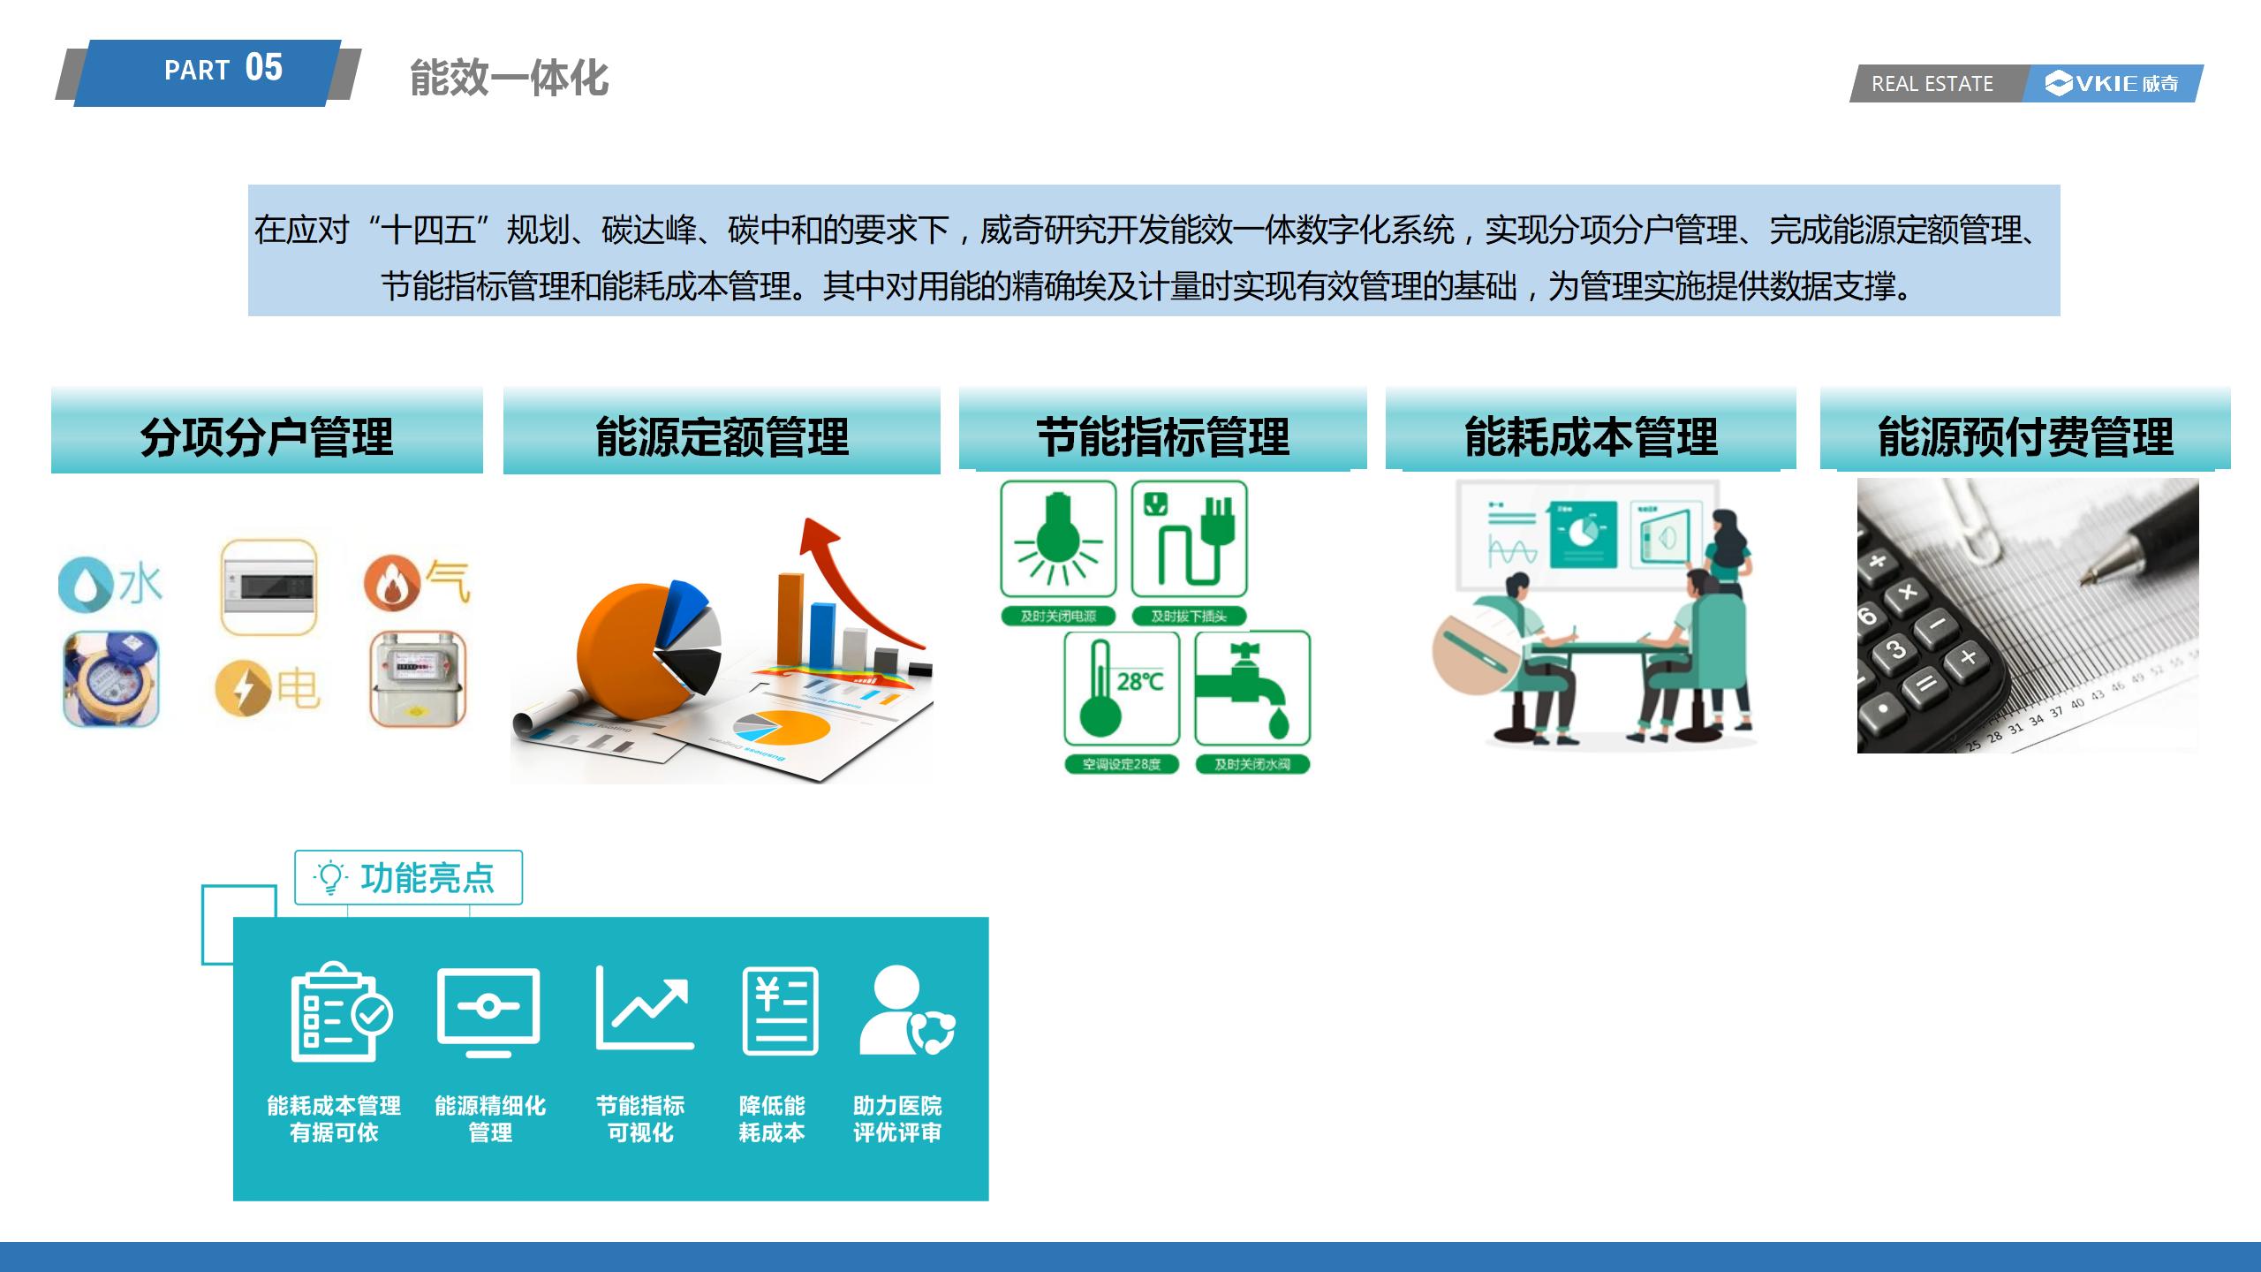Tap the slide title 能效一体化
click(x=509, y=79)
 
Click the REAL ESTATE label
click(x=1932, y=84)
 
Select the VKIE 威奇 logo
click(x=2112, y=84)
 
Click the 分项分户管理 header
click(x=267, y=436)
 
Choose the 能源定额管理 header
click(x=722, y=436)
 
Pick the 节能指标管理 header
click(x=1162, y=436)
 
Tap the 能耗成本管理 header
click(x=1591, y=436)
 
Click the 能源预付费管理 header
click(x=2025, y=436)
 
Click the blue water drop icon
click(x=81, y=584)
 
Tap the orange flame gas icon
click(x=391, y=582)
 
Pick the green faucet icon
click(x=1252, y=689)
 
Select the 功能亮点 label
click(x=408, y=877)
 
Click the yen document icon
click(x=780, y=1011)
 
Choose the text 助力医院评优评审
click(x=896, y=1119)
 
